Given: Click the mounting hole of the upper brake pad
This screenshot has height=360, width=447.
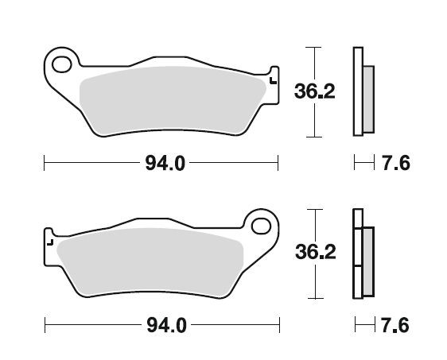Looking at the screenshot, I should click(61, 60).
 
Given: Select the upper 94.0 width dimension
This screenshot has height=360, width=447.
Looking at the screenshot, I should click(164, 164).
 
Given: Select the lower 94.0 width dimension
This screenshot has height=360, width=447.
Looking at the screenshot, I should click(164, 326).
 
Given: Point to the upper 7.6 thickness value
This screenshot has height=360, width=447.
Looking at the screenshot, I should click(395, 164).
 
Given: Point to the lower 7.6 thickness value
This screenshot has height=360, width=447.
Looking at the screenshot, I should click(395, 326).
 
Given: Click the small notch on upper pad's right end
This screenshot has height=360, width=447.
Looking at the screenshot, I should click(273, 80).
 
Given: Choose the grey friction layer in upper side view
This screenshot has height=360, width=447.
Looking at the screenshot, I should click(367, 95).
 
